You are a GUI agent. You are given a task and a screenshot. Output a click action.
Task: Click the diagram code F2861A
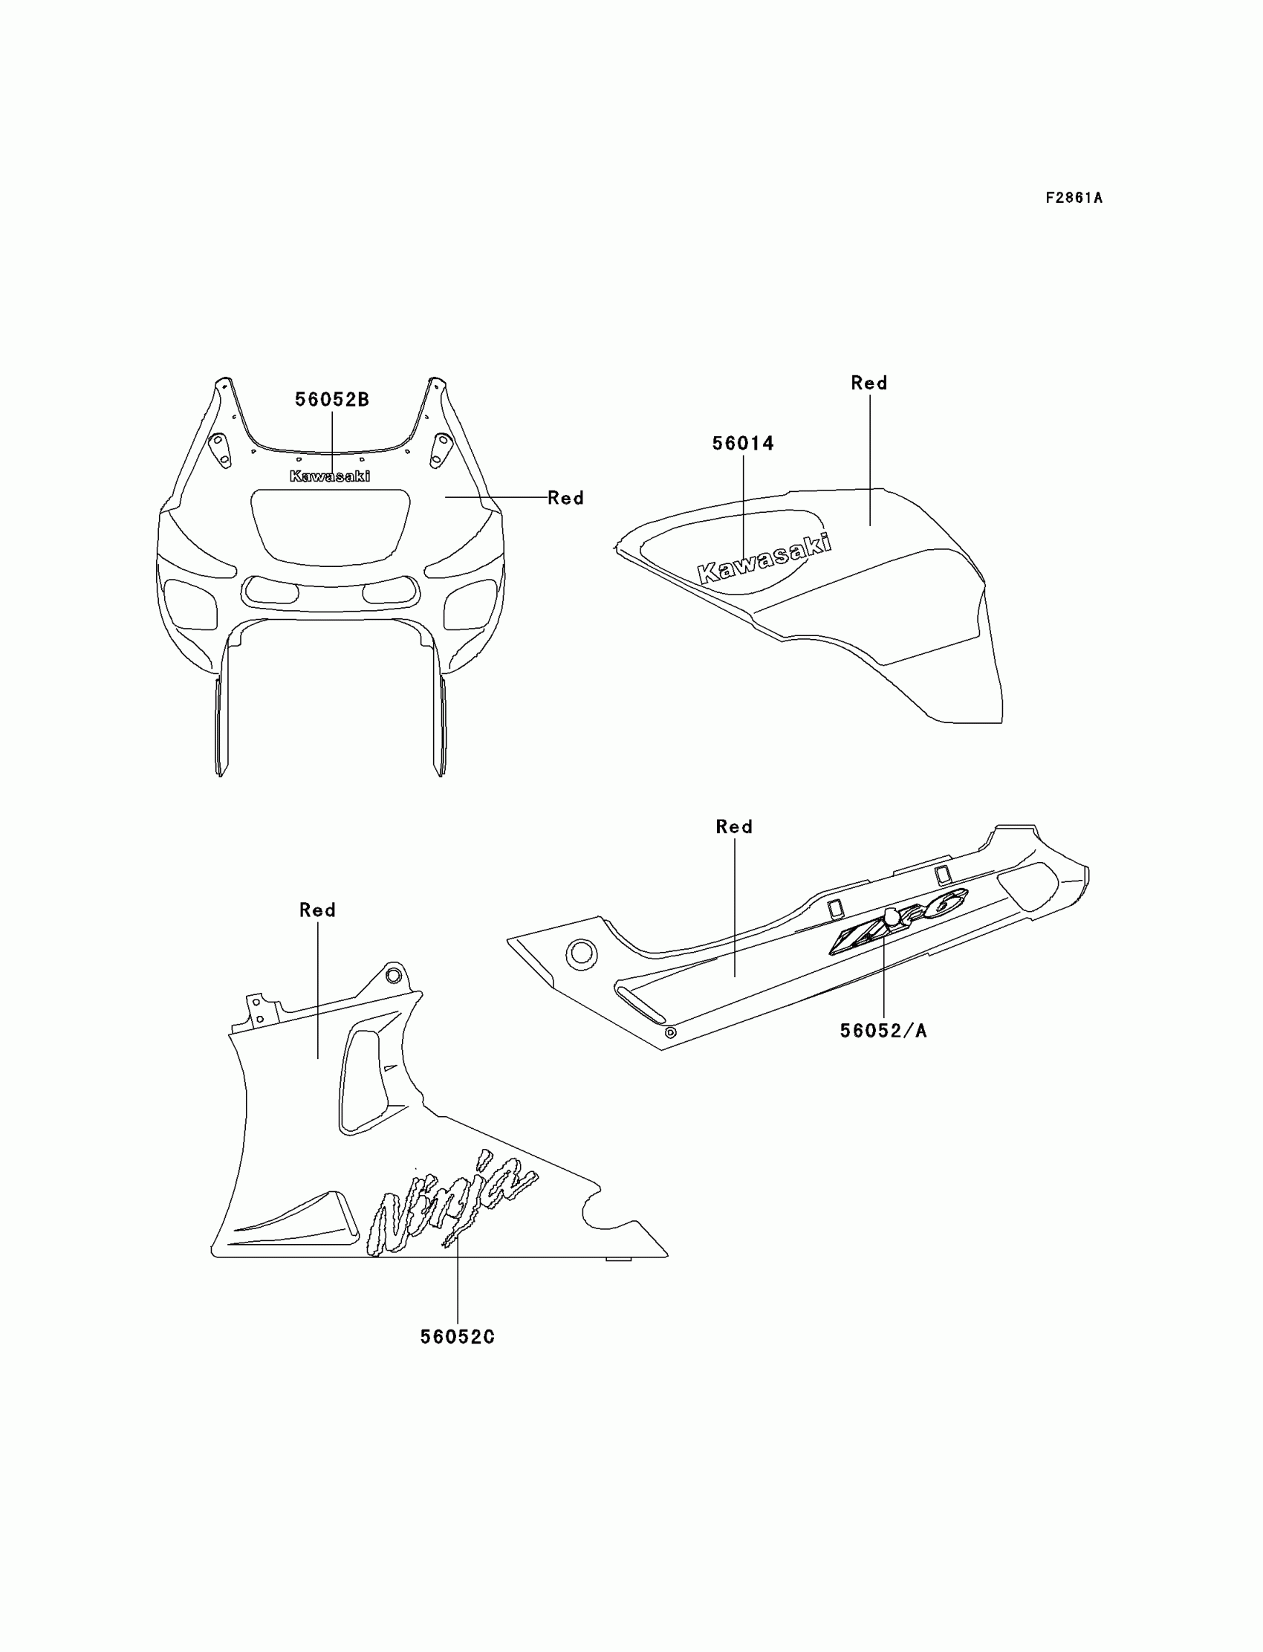[1074, 198]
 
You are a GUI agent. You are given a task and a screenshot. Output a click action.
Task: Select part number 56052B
[331, 400]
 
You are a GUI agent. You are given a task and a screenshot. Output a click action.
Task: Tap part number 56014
[743, 444]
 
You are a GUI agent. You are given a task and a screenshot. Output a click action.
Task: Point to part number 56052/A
[883, 1031]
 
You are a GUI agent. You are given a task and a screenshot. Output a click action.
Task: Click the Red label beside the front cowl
[565, 498]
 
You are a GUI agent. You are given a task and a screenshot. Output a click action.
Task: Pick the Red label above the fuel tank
[869, 383]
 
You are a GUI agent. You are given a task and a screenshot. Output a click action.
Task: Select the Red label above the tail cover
[734, 827]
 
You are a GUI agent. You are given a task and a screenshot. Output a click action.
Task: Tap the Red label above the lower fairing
[317, 910]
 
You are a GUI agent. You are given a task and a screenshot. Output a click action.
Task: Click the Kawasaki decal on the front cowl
[330, 476]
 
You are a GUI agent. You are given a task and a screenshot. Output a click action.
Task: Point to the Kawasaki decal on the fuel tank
[764, 559]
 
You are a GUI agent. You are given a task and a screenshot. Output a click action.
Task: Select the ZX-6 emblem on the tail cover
[898, 920]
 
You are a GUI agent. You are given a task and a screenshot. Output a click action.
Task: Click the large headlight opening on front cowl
[331, 524]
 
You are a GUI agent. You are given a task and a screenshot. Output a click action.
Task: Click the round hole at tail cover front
[581, 954]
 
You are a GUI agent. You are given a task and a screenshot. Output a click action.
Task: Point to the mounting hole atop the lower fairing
[393, 975]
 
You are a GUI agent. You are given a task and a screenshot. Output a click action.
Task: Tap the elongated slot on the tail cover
[640, 1004]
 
